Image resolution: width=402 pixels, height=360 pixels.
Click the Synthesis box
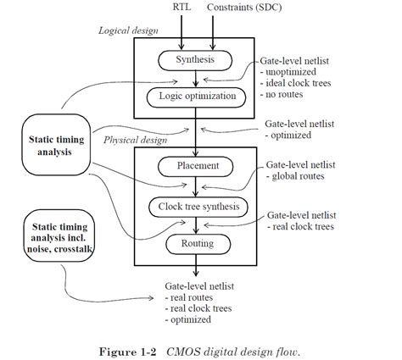195,59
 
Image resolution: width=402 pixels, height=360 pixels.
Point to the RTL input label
183,7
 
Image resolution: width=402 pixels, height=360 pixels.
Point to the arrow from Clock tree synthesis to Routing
196,224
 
